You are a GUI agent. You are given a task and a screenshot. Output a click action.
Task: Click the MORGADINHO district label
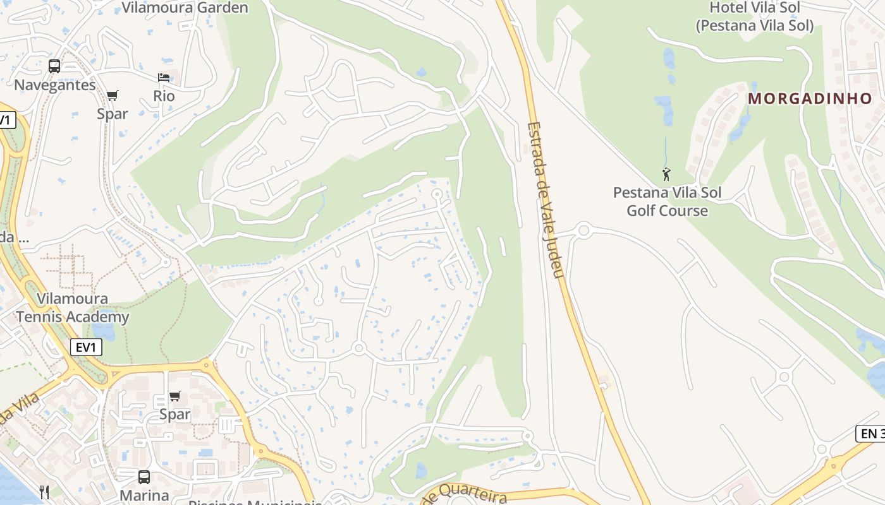(x=810, y=98)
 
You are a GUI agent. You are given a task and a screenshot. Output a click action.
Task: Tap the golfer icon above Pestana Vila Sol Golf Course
(x=666, y=174)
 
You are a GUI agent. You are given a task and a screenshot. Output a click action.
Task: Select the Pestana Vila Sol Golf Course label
(x=667, y=201)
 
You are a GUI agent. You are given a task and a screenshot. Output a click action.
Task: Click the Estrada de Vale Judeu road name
(x=544, y=199)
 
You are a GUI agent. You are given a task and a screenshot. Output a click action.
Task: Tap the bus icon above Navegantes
(x=54, y=66)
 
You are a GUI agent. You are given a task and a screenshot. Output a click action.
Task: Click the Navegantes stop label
(x=55, y=85)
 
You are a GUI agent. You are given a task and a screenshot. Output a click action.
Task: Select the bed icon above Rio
(x=164, y=78)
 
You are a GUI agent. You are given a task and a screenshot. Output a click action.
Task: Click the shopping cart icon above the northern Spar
(x=113, y=96)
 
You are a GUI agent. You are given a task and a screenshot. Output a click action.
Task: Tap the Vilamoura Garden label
(x=185, y=8)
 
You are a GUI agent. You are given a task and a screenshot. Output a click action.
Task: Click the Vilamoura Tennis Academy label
(x=72, y=307)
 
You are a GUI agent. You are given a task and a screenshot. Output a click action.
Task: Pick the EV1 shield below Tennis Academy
(x=85, y=347)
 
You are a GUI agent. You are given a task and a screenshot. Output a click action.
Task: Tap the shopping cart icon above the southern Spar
(x=175, y=396)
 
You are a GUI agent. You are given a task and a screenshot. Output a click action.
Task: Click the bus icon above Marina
(x=144, y=477)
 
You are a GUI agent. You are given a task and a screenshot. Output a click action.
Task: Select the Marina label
(x=144, y=495)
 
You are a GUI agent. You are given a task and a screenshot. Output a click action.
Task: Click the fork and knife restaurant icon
(x=44, y=492)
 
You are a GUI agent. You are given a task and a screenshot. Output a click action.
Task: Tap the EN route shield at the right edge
(x=870, y=434)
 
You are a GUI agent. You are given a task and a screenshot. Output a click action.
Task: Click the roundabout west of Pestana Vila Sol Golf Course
(x=583, y=230)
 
